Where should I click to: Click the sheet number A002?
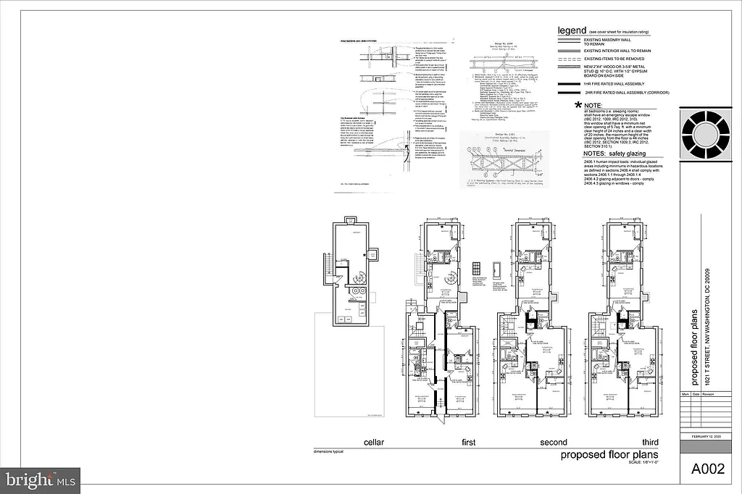(706, 469)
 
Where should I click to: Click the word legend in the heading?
(571, 31)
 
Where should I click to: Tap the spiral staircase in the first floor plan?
(450, 277)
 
